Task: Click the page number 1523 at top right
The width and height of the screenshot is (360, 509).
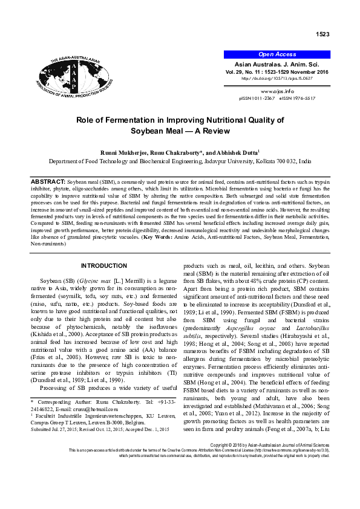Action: coord(323,34)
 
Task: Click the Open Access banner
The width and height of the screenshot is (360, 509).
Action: coord(277,54)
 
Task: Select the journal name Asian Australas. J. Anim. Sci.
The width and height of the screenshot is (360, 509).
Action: coord(277,63)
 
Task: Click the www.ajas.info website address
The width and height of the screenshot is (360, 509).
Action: coord(277,91)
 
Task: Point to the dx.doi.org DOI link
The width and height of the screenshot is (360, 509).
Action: coord(277,78)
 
